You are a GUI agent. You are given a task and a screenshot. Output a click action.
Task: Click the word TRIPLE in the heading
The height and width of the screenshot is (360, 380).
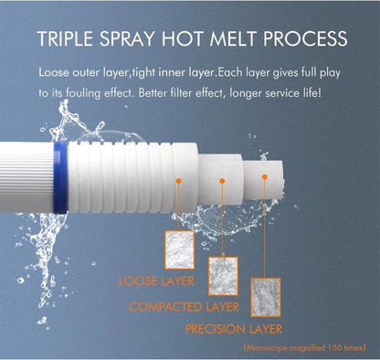coord(65,38)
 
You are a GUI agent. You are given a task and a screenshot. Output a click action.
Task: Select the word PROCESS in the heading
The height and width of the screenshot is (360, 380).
coord(305,38)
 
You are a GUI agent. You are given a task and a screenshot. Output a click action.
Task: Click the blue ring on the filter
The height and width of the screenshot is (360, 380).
coord(60,177)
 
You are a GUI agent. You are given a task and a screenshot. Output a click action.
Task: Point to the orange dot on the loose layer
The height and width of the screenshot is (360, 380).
coord(179,181)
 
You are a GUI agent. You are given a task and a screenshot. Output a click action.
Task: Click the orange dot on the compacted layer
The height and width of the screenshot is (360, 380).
coord(222,181)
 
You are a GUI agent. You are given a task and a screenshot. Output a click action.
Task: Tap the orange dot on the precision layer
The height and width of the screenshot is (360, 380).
coord(265,176)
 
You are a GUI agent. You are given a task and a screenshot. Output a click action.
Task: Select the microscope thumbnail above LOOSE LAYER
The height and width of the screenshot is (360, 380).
coord(180,249)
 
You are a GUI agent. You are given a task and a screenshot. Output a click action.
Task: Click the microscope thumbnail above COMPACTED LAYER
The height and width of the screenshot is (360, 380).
coord(223,276)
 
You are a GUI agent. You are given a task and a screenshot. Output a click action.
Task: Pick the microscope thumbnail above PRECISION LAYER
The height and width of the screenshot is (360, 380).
coord(266,297)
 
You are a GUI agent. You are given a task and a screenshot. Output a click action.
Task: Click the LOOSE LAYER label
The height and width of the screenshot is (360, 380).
coord(156,281)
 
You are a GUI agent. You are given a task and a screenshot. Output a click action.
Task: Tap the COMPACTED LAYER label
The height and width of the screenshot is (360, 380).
coord(184,307)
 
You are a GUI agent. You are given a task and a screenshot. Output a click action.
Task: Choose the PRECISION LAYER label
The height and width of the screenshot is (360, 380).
coord(234,329)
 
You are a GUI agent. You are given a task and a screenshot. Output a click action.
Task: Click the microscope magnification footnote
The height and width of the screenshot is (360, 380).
coord(304,347)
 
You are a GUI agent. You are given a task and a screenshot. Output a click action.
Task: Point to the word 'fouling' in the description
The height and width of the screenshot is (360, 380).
coord(83,93)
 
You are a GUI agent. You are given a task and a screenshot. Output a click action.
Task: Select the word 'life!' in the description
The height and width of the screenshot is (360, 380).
coord(311,92)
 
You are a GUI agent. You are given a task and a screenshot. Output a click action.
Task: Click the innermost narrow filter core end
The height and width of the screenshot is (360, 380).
coord(263,180)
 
